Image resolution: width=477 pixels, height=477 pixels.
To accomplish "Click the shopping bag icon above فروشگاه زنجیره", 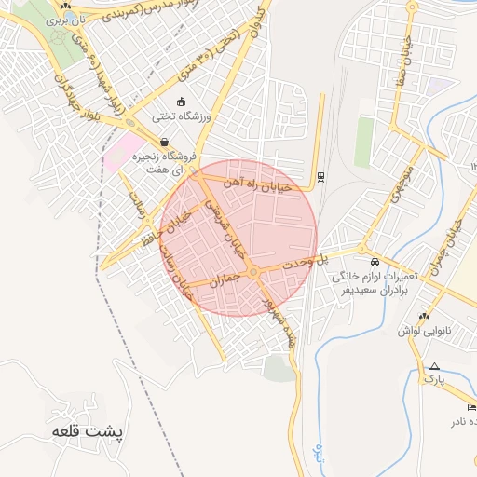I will [165, 143].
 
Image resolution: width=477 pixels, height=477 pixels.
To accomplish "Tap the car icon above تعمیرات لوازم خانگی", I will [374, 263].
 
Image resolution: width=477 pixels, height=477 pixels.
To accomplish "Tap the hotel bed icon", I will [470, 407].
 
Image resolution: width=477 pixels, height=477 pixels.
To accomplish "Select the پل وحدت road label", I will [335, 255].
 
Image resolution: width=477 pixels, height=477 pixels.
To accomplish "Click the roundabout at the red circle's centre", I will [253, 271].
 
